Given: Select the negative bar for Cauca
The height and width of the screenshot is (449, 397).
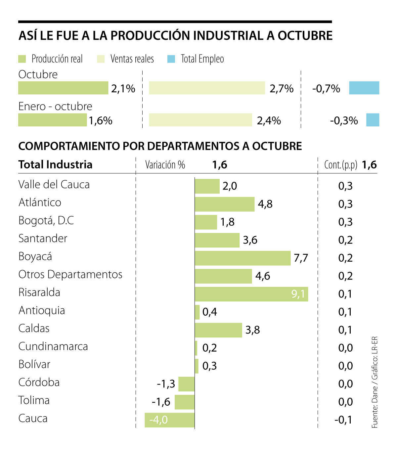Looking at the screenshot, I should point(169,420).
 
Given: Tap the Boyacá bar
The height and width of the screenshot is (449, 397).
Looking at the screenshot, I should point(243,258).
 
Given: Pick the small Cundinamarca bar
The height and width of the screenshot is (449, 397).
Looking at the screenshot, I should point(196,348).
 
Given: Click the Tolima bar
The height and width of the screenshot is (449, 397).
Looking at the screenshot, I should point(185,402).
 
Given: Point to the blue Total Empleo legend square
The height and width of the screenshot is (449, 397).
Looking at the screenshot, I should point(171,59).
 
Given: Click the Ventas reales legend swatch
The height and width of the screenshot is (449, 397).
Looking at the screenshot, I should point(101,59).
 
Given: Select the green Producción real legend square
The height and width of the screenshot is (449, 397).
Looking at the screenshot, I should point(22,59).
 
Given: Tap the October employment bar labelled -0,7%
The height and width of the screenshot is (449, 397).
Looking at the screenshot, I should point(364,88).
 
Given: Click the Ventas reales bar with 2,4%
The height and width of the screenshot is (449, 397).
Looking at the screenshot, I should point(200,120).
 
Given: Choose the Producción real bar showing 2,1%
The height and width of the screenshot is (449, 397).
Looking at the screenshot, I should point(63,88).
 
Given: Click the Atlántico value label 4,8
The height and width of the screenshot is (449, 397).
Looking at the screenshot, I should point(265,204).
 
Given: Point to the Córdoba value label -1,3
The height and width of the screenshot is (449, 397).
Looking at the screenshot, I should point(166,384).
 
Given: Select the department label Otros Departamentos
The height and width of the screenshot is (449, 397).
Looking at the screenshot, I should point(70,275).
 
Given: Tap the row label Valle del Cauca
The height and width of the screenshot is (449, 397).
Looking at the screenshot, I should point(54,185).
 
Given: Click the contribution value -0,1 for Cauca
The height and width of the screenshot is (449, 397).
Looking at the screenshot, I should point(343,420).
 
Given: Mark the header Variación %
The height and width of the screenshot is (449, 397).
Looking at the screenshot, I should point(165,165).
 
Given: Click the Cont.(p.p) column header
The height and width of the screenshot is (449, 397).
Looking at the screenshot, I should point(341,165).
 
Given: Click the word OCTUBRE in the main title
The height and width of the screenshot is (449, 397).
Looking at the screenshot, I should point(305,36).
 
